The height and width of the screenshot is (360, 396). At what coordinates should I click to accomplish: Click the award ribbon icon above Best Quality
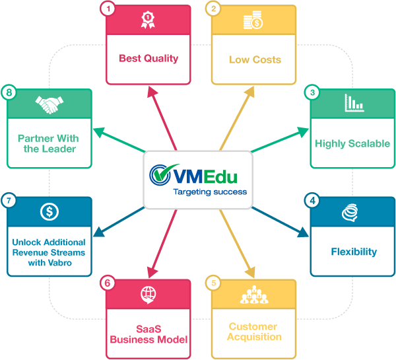coord(148,21)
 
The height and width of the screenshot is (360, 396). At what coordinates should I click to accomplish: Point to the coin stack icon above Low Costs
coord(253,20)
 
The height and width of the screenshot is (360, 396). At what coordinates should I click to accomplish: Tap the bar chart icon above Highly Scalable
coord(354,102)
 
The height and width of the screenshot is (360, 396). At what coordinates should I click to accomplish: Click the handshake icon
coord(49,104)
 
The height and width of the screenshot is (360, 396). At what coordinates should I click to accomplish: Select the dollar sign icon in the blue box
coord(49,212)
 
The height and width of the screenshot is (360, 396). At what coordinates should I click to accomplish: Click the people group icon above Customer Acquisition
coord(253,295)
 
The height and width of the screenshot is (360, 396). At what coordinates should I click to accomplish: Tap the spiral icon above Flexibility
coord(353,211)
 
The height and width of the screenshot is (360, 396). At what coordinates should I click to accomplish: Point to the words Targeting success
coord(209,192)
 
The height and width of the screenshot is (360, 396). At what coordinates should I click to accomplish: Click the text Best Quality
coord(148,58)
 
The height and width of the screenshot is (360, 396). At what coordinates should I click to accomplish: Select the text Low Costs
coord(255,59)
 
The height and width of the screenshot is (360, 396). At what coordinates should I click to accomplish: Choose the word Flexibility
coord(354,251)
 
